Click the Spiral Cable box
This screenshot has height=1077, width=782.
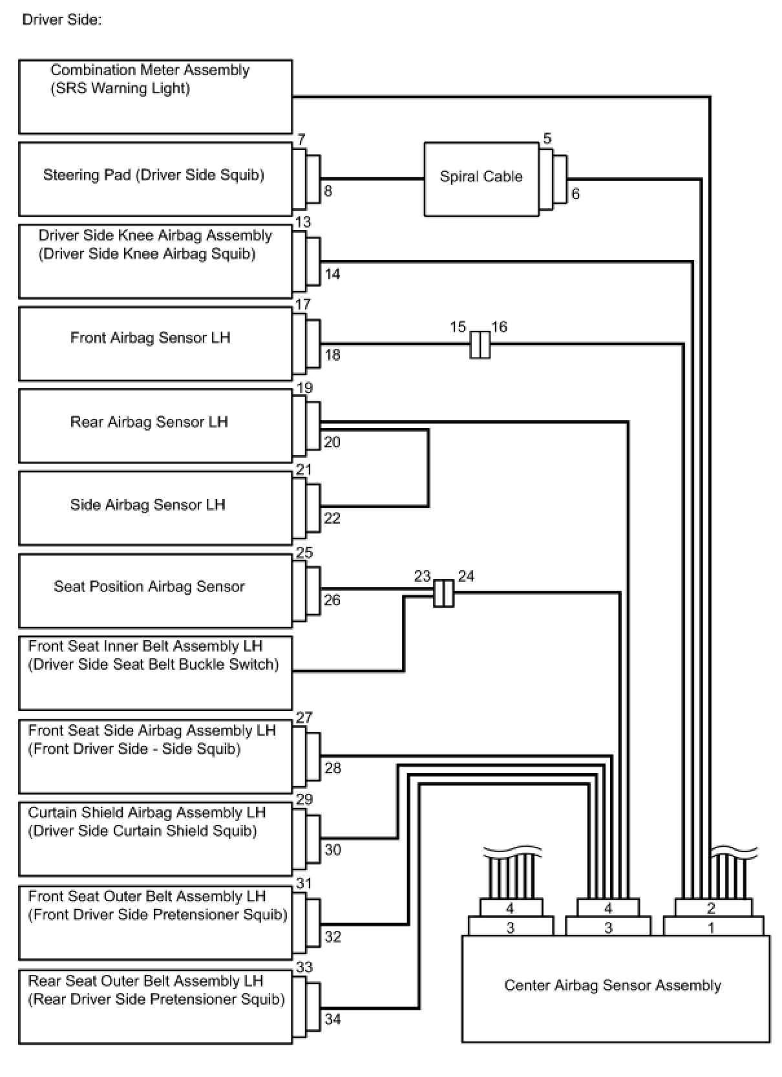click(x=481, y=179)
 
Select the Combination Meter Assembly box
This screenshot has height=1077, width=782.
click(x=155, y=97)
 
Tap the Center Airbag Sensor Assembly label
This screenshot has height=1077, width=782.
click(x=612, y=985)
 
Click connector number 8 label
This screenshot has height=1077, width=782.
click(x=328, y=191)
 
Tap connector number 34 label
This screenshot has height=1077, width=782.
click(x=332, y=1019)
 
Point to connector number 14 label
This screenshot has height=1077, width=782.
click(x=332, y=274)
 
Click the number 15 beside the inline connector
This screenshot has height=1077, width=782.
click(x=458, y=327)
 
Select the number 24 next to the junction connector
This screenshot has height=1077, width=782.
click(x=466, y=576)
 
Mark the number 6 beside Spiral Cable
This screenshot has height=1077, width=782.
click(x=575, y=194)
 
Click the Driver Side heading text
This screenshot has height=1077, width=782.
click(x=62, y=20)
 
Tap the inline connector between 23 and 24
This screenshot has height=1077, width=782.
click(x=443, y=593)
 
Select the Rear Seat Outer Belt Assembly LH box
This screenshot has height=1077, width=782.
click(x=155, y=1007)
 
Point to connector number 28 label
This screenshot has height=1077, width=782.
click(x=332, y=768)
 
